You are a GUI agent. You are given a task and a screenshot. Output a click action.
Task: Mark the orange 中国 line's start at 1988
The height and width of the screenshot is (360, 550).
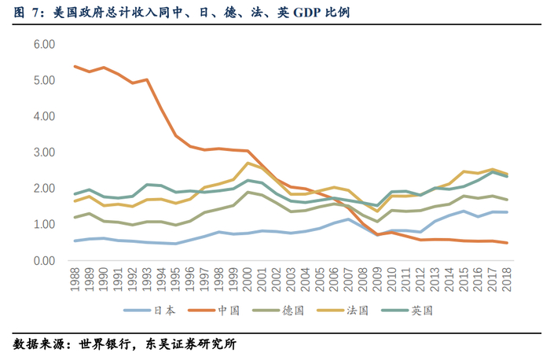75,66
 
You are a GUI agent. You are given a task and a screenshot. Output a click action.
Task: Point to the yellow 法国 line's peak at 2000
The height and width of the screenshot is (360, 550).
247,163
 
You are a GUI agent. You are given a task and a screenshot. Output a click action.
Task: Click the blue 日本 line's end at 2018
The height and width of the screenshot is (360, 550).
506,212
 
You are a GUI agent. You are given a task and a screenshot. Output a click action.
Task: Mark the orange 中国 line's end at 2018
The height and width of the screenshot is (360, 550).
506,243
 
